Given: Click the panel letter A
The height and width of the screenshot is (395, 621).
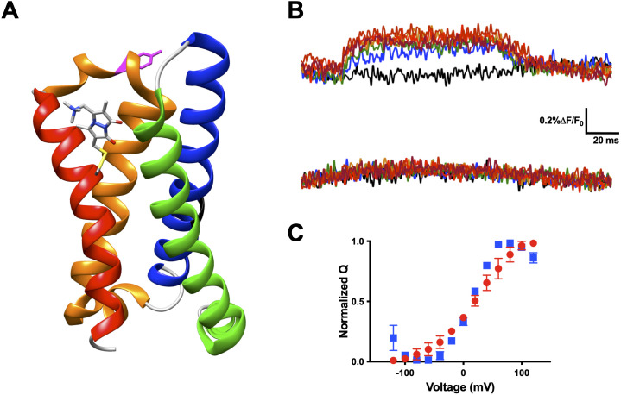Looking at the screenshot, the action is pyautogui.click(x=10, y=11).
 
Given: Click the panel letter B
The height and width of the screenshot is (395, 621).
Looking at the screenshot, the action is pyautogui.click(x=295, y=11).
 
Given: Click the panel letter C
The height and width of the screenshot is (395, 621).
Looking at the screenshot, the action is pyautogui.click(x=295, y=234).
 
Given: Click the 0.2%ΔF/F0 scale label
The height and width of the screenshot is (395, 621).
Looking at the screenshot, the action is pyautogui.click(x=561, y=122).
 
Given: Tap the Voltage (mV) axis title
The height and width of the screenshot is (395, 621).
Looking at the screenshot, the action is pyautogui.click(x=459, y=387).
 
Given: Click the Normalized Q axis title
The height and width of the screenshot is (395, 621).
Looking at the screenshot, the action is pyautogui.click(x=344, y=301).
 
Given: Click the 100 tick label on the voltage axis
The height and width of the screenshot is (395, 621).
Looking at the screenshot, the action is pyautogui.click(x=522, y=373).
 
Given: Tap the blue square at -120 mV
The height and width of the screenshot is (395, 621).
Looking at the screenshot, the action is pyautogui.click(x=393, y=338).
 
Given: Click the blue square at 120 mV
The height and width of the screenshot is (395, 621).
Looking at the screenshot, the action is pyautogui.click(x=534, y=258).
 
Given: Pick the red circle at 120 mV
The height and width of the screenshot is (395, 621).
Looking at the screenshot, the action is pyautogui.click(x=534, y=243).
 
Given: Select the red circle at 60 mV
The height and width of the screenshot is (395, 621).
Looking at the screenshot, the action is pyautogui.click(x=498, y=269).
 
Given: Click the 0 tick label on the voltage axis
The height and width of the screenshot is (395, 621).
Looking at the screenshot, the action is pyautogui.click(x=463, y=373).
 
